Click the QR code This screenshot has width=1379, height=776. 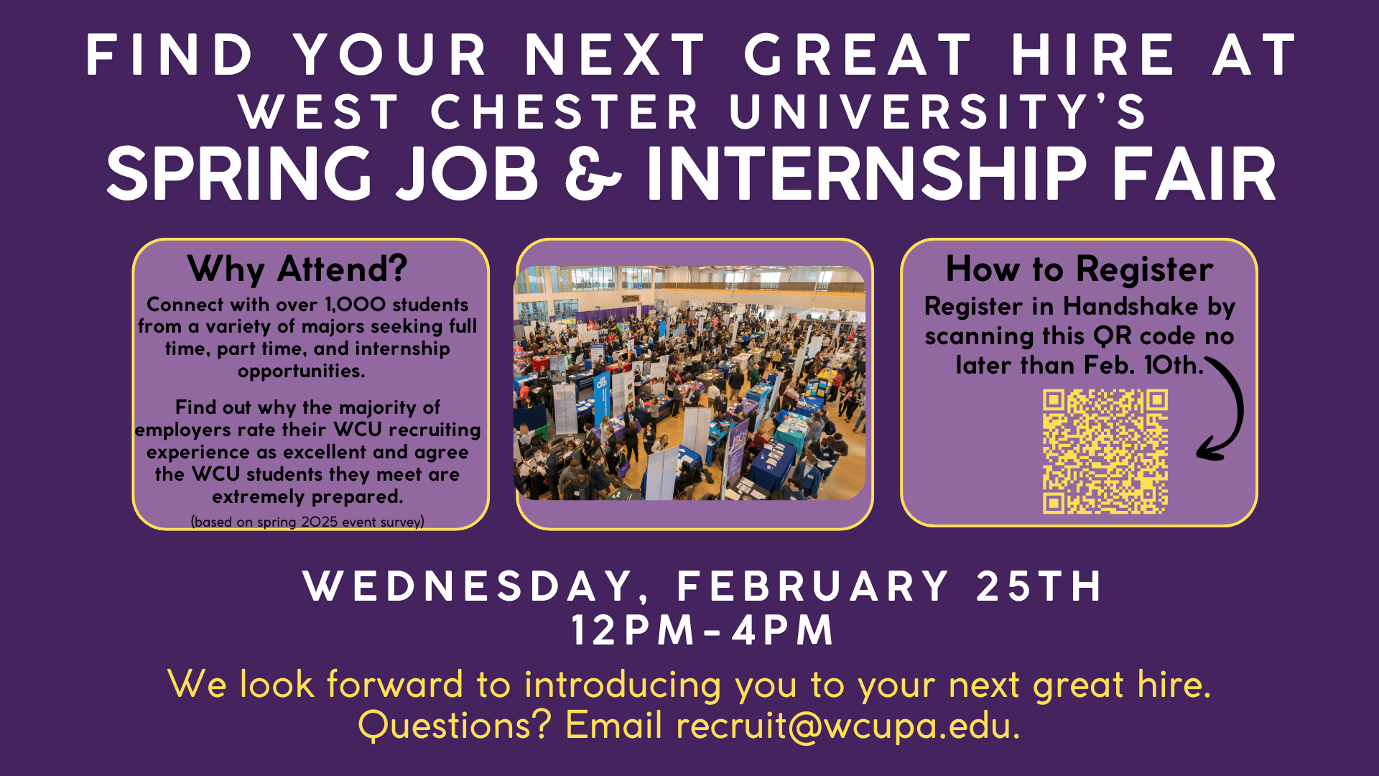tap(1105, 452)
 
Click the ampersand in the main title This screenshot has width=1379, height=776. tap(593, 173)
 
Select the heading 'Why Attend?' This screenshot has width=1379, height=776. tap(297, 269)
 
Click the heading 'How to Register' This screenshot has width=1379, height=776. tap(1079, 269)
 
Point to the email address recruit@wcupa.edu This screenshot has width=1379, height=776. tap(848, 725)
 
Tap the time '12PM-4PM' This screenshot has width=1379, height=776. tap(702, 630)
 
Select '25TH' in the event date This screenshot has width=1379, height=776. tap(1039, 586)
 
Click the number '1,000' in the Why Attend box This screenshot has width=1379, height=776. tap(356, 305)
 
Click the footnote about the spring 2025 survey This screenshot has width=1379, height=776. tap(307, 522)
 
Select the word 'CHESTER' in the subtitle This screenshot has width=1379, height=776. tap(565, 112)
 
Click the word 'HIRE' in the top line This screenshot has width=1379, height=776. tap(1093, 55)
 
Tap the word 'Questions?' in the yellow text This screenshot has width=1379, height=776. tap(455, 725)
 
